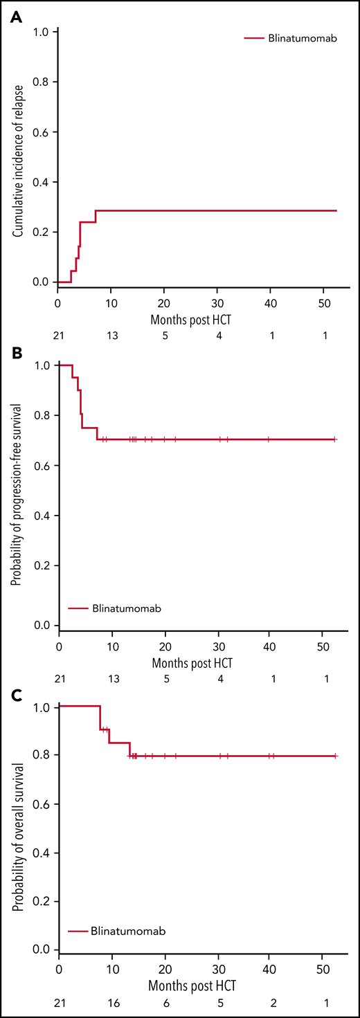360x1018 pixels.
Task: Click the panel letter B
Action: [16, 352]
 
